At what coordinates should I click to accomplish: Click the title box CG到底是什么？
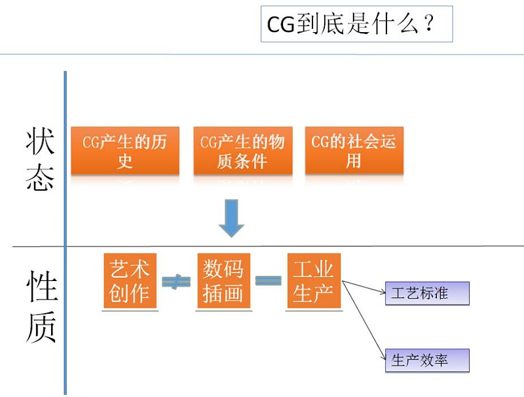356,24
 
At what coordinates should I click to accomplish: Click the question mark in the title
428,25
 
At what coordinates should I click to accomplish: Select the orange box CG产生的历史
125,151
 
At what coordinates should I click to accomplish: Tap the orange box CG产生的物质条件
243,151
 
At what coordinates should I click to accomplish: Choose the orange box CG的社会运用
354,151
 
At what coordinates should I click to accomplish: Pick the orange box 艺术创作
130,281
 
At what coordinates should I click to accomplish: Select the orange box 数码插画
224,281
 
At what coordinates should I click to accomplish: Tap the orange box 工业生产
314,281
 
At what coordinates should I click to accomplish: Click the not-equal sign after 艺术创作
176,282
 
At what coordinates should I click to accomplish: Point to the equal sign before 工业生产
268,280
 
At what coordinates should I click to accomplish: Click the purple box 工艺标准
428,293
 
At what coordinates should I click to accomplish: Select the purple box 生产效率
428,360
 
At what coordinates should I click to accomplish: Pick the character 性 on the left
41,288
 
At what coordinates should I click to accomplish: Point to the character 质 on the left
41,326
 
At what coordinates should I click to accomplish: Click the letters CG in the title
282,25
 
